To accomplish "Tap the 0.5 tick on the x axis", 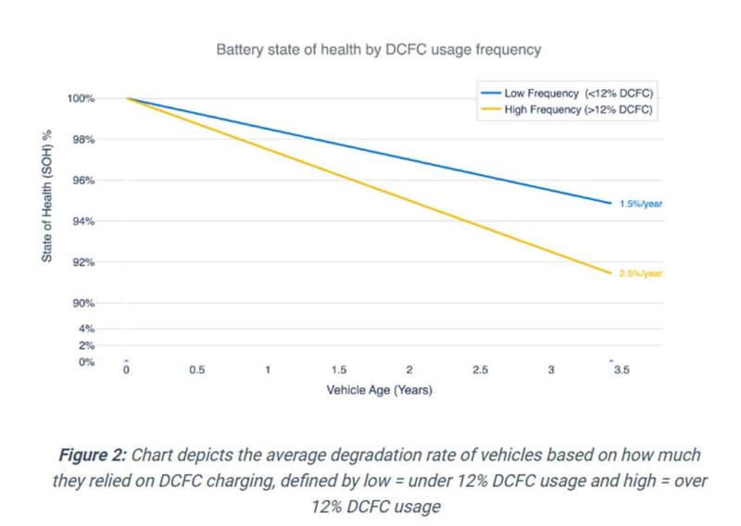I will (x=196, y=369).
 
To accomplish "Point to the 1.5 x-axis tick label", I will (x=338, y=369).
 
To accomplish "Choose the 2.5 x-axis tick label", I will (x=480, y=369).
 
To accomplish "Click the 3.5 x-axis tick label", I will (x=622, y=369).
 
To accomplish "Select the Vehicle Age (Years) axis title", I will (x=380, y=390).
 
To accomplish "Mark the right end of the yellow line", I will (x=611, y=273).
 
